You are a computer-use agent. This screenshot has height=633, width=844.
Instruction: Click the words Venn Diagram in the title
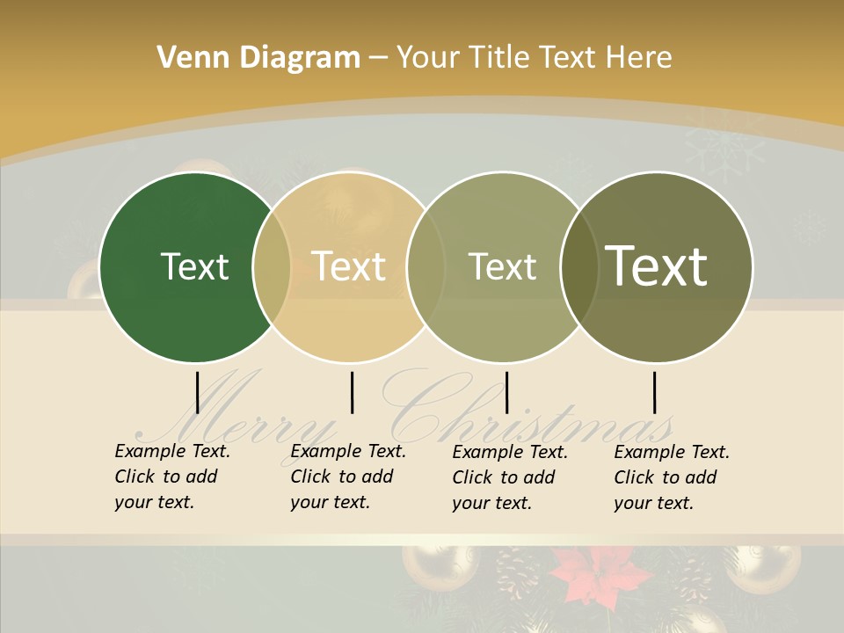[258, 58]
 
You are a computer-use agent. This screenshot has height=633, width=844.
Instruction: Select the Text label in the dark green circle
[194, 266]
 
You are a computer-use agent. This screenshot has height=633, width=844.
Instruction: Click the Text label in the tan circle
[349, 266]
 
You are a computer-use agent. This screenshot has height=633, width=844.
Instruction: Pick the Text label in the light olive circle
[502, 266]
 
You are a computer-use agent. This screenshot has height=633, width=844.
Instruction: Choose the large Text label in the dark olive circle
[657, 266]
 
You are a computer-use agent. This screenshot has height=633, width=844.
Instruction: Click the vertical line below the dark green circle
[198, 392]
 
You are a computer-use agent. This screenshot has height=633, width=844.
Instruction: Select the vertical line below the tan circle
[352, 392]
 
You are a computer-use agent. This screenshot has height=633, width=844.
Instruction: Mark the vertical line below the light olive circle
[506, 392]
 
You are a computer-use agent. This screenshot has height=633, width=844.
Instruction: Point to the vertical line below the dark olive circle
[654, 392]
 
